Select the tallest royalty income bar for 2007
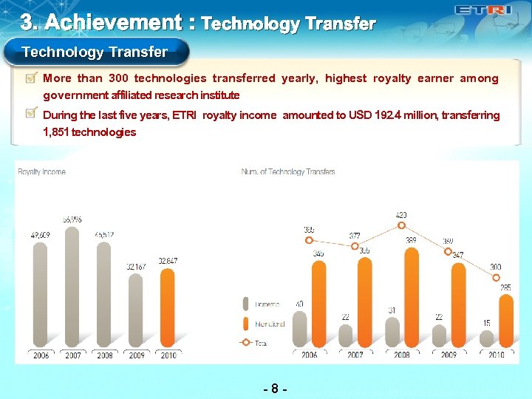coord(72,288)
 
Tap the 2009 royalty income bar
coord(136,310)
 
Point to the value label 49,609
coord(41,235)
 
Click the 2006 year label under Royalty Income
coord(41,355)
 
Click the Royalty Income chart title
coord(41,172)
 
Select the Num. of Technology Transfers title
coord(288,172)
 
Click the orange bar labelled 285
coord(506,321)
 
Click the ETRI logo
coord(483,10)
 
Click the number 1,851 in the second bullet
coord(58,132)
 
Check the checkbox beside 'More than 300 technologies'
coord(31,77)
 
